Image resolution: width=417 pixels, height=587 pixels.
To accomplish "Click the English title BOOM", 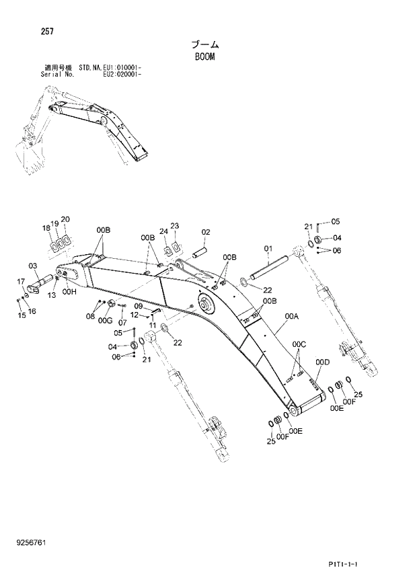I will [x=204, y=57].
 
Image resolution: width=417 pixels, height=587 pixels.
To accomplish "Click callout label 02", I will [x=206, y=233].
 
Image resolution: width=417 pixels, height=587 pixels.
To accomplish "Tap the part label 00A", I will [x=291, y=316].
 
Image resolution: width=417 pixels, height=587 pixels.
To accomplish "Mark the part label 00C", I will [x=299, y=345].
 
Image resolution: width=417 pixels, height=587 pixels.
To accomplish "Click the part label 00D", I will [x=323, y=363].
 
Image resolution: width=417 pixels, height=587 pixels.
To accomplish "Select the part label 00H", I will [x=70, y=292].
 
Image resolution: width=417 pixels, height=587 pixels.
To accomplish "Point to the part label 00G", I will [x=104, y=321].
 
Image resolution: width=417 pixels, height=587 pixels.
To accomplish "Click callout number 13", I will [x=51, y=295].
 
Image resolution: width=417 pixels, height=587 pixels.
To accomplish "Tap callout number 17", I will [x=20, y=282].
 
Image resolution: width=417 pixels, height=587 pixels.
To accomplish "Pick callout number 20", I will [x=65, y=219].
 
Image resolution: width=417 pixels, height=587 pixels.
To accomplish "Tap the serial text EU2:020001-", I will [x=122, y=75].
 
